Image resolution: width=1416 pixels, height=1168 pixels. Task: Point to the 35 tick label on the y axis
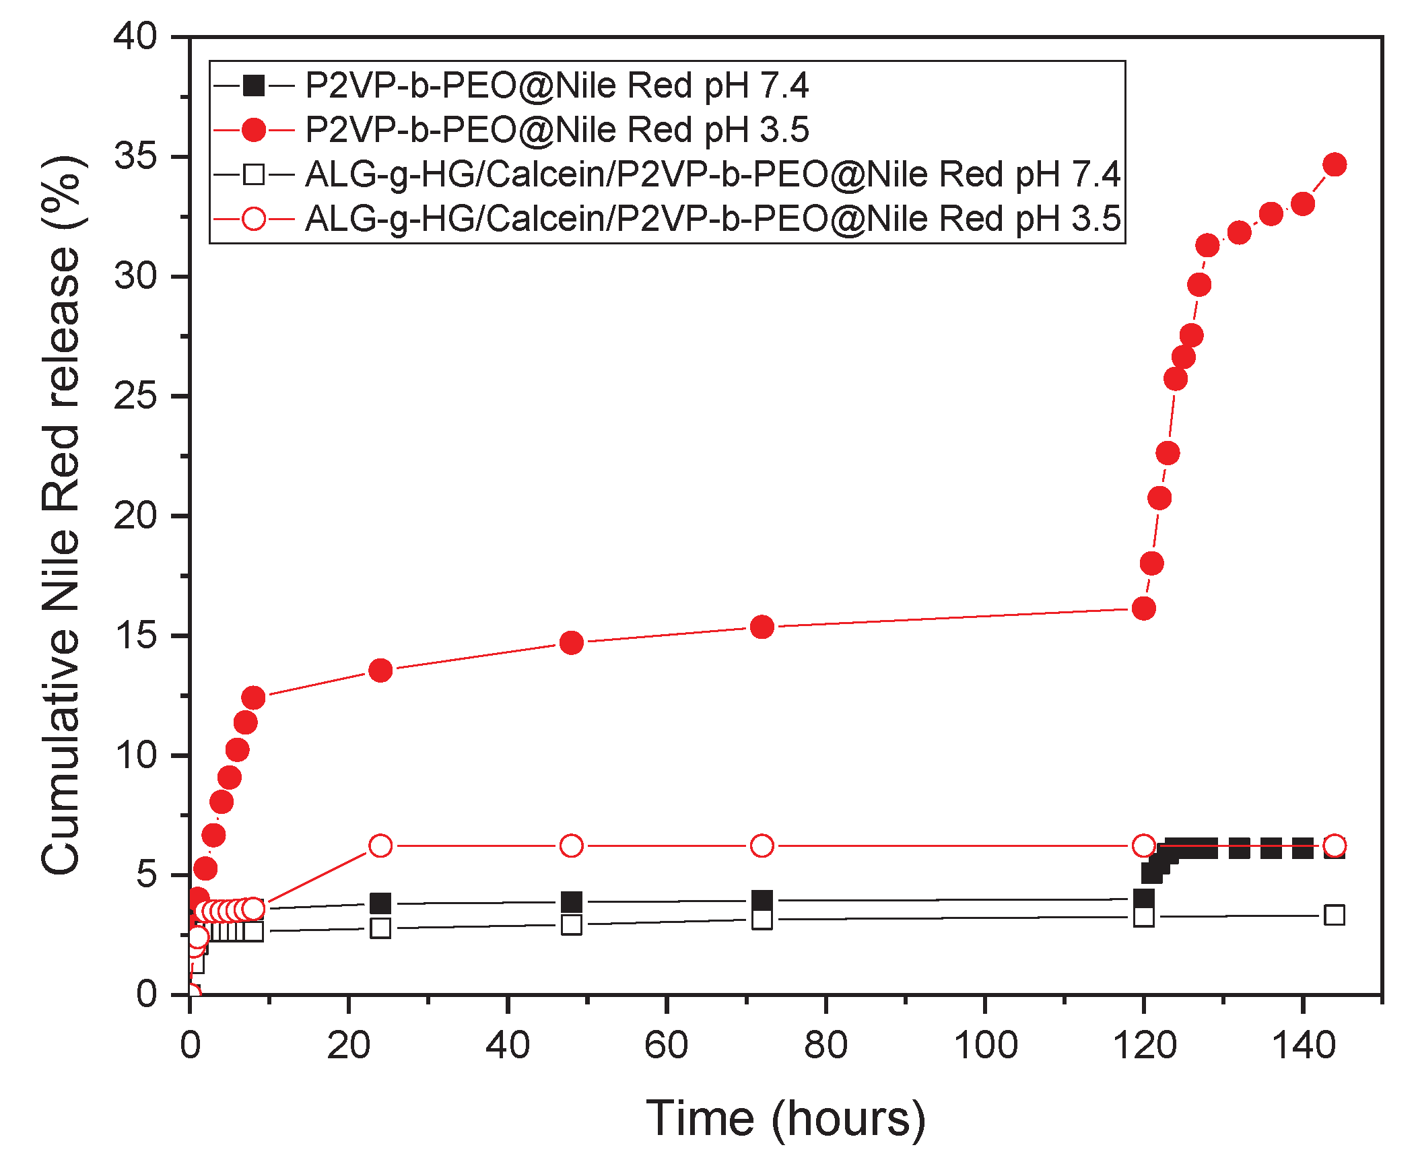tap(135, 157)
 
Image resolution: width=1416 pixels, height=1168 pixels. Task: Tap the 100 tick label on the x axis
tap(985, 1045)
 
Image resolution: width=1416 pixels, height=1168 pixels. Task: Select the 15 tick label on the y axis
tap(135, 635)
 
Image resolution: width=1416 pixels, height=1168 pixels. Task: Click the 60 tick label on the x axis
tap(666, 1045)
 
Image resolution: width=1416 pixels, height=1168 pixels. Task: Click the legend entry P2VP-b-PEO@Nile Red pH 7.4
tap(556, 85)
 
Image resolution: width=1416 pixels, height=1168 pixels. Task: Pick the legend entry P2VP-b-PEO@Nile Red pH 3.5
tap(556, 129)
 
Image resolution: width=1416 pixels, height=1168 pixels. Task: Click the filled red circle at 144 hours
tap(1335, 164)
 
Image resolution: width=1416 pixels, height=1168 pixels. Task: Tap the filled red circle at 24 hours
tap(380, 670)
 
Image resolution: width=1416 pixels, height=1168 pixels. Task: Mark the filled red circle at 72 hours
tap(762, 627)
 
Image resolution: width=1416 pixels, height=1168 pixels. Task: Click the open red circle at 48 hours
tap(571, 846)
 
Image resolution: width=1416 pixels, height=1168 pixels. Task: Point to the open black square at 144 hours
tap(1335, 915)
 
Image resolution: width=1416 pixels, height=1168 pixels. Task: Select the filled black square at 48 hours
tap(571, 901)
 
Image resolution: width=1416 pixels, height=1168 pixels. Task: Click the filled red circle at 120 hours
tap(1143, 609)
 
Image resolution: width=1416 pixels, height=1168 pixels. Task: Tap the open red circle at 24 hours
tap(380, 846)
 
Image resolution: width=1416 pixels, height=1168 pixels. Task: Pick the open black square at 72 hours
tap(762, 919)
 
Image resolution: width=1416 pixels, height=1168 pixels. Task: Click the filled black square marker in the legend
tap(254, 85)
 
